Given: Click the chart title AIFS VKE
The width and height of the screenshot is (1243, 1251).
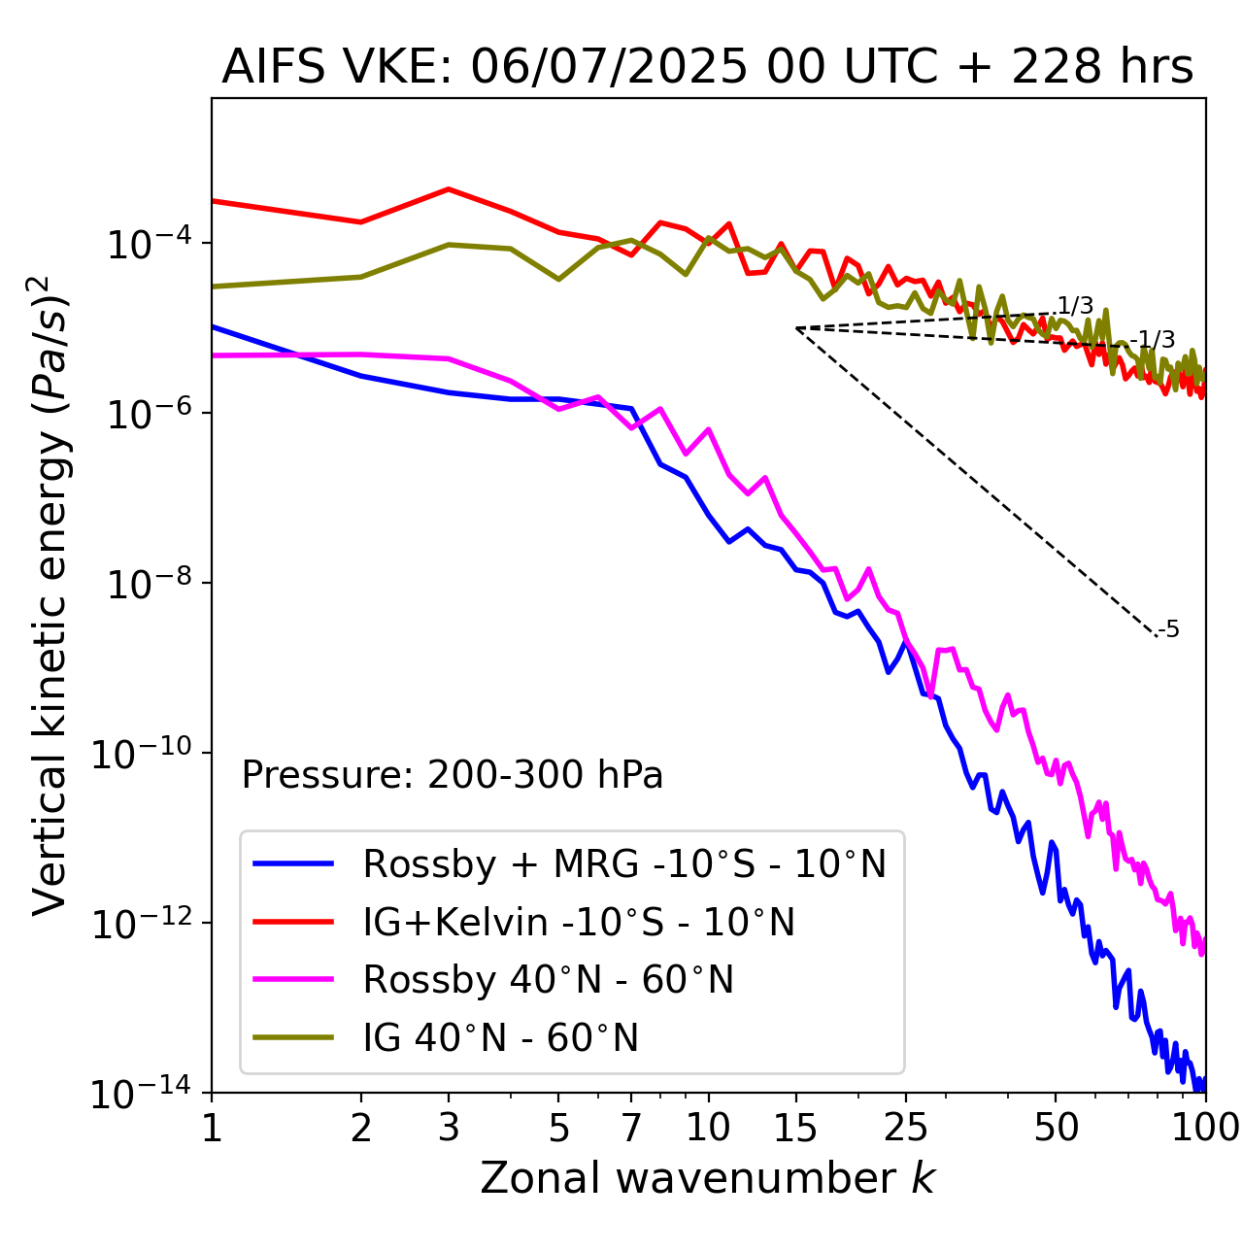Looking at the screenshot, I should [707, 68].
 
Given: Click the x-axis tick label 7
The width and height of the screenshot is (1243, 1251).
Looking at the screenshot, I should [632, 1128].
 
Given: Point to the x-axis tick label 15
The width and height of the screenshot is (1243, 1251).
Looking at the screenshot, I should [796, 1128].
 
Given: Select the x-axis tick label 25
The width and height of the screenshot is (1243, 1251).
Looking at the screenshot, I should [905, 1128].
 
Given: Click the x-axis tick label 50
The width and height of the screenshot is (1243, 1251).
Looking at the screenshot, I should [1056, 1128].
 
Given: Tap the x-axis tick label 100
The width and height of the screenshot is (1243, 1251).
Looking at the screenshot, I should [1204, 1128].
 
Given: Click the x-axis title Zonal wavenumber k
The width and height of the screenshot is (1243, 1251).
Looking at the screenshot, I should [707, 1178].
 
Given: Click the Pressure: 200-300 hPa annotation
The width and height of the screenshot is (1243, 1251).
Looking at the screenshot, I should [453, 776].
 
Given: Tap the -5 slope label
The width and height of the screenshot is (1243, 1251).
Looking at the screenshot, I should [1169, 629].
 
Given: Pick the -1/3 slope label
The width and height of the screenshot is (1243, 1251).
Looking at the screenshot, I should [1156, 340].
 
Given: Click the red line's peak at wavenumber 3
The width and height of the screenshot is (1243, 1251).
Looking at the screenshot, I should [448, 188].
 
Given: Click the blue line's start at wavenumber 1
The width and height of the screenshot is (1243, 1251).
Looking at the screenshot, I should [213, 326].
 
